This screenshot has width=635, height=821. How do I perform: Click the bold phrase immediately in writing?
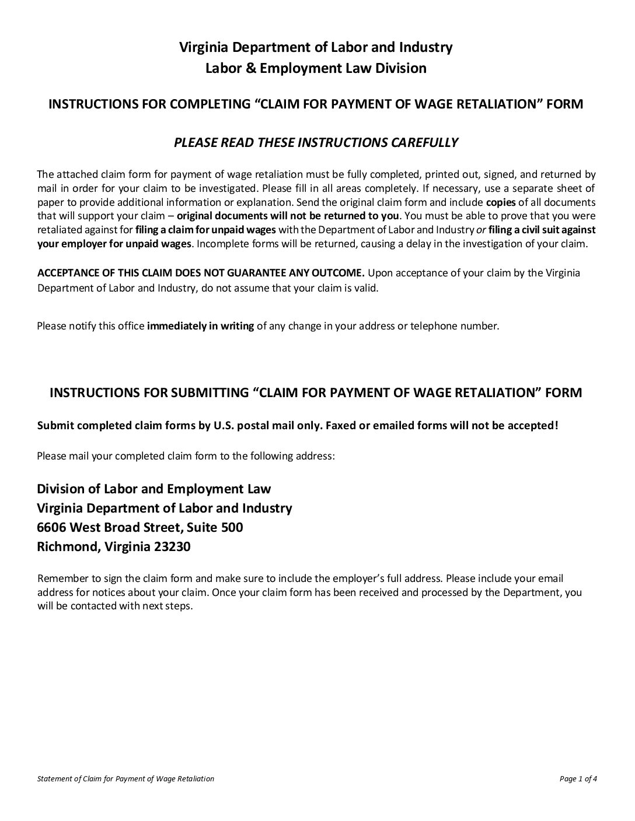click(200, 326)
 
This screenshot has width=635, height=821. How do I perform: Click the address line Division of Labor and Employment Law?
click(154, 489)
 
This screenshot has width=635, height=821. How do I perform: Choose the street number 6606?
click(51, 527)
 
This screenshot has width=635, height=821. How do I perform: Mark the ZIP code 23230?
click(172, 547)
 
